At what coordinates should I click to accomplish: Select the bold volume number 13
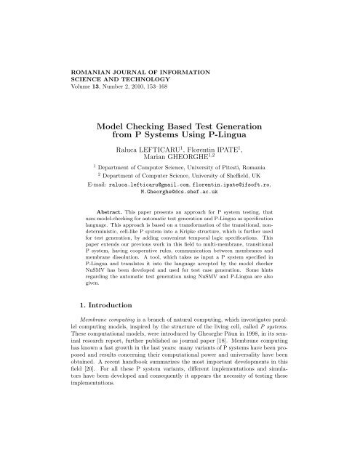[78, 91]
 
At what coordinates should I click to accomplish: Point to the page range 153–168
[154, 91]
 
